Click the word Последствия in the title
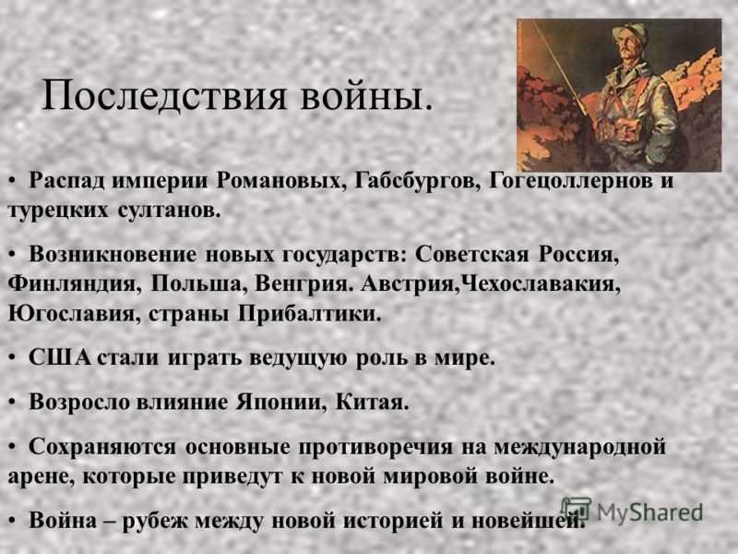click(164, 96)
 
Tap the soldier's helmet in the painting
click(630, 33)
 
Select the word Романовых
click(279, 181)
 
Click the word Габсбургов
click(417, 181)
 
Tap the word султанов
click(170, 211)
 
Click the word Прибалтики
click(309, 314)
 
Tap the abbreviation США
click(59, 357)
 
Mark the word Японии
click(281, 402)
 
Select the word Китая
click(372, 402)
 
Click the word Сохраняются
click(102, 447)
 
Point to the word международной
click(579, 447)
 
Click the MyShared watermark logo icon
click(576, 510)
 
